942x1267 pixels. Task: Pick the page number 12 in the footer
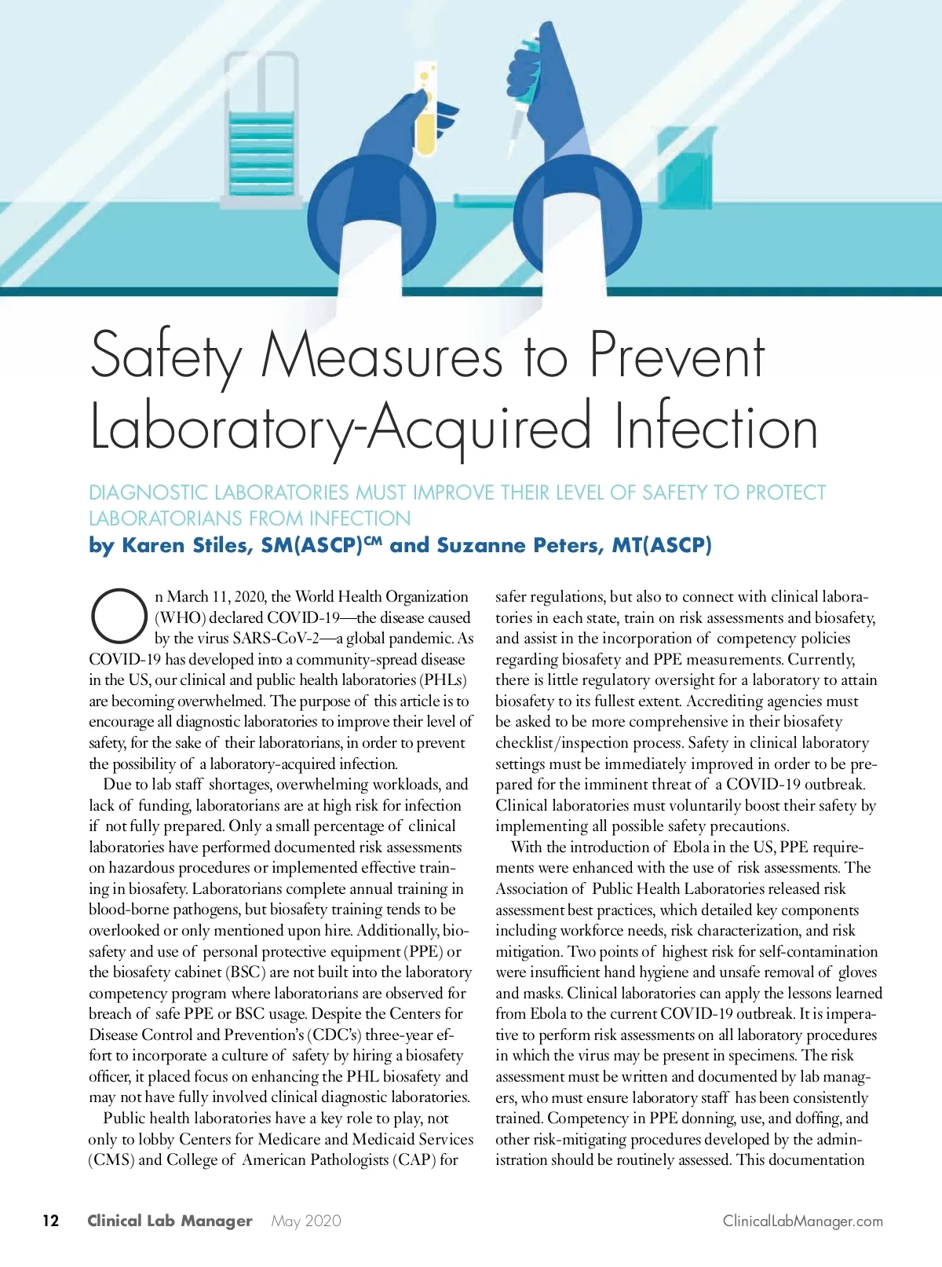click(50, 1221)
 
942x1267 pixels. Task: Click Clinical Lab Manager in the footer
click(170, 1221)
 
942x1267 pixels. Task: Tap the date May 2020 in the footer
click(306, 1221)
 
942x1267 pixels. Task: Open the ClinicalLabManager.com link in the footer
click(802, 1221)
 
